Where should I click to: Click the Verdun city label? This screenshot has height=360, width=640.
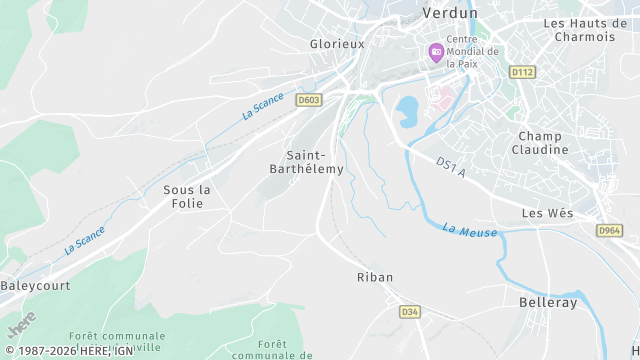[x=451, y=13]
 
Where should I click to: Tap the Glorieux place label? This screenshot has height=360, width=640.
[x=337, y=44]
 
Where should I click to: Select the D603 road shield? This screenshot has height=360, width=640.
[x=308, y=99]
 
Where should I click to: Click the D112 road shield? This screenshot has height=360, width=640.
[x=522, y=72]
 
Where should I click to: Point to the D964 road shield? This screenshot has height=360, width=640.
[x=609, y=230]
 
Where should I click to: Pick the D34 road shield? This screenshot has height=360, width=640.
[x=409, y=312]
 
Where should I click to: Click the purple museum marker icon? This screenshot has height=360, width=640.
[x=436, y=53]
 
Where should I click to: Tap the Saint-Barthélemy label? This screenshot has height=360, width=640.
[x=315, y=162]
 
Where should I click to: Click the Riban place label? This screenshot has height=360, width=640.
[x=375, y=277]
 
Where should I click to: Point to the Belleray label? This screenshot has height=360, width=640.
[x=549, y=301]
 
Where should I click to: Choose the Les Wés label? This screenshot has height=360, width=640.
[x=546, y=213]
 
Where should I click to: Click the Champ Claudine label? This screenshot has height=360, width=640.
[x=543, y=143]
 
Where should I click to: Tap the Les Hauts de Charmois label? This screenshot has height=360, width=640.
[x=590, y=30]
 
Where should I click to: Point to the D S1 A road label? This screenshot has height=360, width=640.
[x=452, y=167]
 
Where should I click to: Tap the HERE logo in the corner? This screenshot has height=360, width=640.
[x=21, y=325]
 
